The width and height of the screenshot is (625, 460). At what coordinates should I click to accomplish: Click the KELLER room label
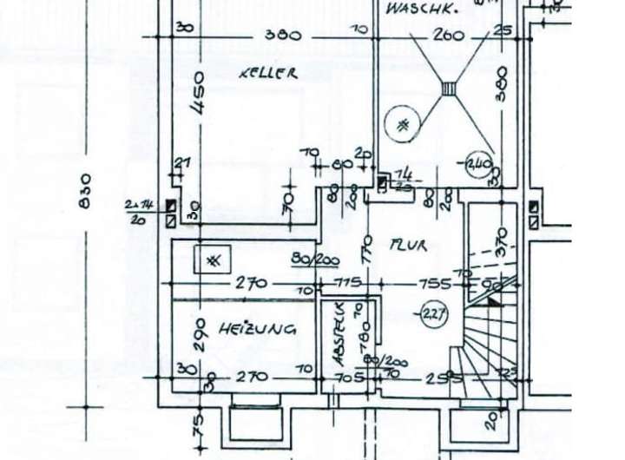[268, 74]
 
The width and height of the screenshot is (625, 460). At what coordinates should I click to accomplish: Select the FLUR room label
[408, 246]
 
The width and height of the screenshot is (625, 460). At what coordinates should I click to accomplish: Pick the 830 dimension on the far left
[85, 190]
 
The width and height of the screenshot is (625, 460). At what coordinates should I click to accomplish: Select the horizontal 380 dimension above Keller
[282, 36]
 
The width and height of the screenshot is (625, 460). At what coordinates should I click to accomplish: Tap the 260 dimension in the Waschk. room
[448, 36]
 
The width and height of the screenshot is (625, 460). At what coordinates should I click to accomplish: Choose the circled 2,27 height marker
[432, 313]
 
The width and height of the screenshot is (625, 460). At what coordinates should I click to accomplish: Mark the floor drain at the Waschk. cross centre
[449, 88]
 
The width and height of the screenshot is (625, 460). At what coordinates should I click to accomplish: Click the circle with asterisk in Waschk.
[403, 124]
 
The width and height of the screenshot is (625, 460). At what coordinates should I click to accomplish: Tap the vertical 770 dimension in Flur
[367, 252]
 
